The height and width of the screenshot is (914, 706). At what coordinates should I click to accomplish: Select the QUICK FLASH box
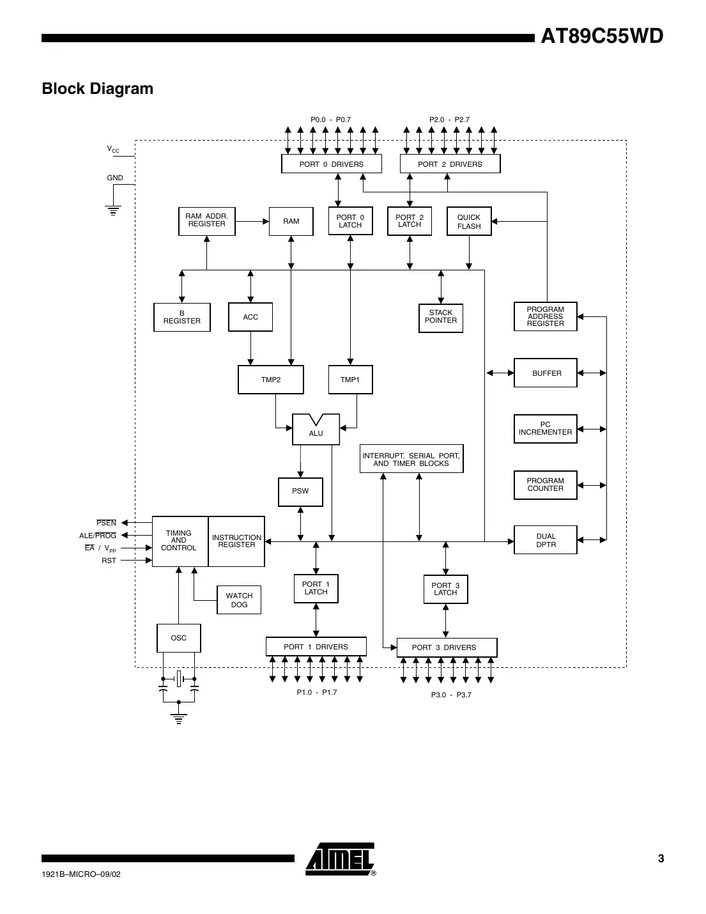click(469, 222)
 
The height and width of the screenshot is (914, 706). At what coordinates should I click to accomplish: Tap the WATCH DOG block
click(239, 600)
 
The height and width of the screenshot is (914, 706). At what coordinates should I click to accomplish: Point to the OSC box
click(179, 638)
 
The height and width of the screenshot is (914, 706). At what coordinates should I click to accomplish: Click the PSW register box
click(300, 492)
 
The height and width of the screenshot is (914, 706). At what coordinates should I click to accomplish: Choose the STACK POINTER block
click(441, 317)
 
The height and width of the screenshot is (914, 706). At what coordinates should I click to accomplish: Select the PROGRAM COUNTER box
click(546, 485)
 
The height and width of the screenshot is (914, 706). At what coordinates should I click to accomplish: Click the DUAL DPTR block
click(546, 541)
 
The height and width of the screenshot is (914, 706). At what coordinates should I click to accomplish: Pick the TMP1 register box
click(350, 380)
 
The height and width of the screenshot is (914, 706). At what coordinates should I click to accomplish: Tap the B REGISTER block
click(182, 318)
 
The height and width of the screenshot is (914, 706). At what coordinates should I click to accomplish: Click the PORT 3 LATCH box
click(445, 589)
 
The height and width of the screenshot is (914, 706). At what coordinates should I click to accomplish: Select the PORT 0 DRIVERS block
click(332, 164)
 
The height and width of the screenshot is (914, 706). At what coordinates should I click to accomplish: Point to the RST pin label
click(109, 561)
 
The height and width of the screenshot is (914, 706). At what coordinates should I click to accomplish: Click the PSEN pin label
click(107, 523)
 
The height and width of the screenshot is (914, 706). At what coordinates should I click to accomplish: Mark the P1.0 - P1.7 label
click(317, 693)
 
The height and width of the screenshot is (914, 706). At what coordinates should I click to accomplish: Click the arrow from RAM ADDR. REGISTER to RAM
click(252, 222)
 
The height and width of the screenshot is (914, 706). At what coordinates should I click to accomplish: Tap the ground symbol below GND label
click(114, 210)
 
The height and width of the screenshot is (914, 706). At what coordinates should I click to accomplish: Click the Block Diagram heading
click(98, 89)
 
